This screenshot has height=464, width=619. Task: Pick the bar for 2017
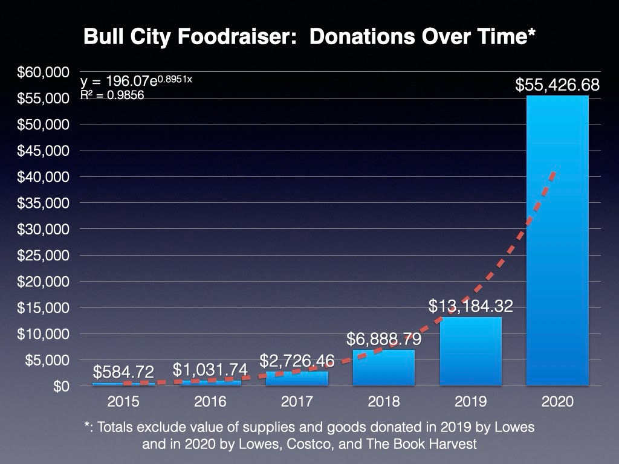point(297,379)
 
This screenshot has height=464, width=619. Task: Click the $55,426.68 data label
point(557,85)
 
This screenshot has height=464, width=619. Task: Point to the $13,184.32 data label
point(470,306)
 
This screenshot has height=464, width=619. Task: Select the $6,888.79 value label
point(384,339)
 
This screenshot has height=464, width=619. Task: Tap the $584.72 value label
point(123,372)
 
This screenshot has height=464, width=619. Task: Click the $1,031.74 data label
point(210,370)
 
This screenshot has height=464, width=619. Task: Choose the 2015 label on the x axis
point(123,402)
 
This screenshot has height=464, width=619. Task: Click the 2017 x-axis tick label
point(297,402)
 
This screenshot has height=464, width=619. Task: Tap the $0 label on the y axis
point(57,386)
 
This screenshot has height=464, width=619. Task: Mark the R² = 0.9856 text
point(112,95)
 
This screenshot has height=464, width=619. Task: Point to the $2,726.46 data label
point(297,361)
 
